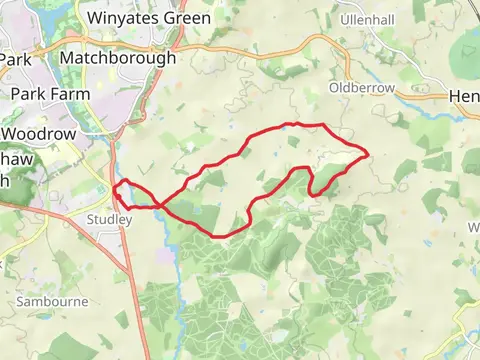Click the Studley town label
[109, 219]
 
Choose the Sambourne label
[50, 300]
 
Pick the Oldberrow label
[369, 88]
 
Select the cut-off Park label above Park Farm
[15, 59]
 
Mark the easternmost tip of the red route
[369, 153]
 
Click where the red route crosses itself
[161, 206]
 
